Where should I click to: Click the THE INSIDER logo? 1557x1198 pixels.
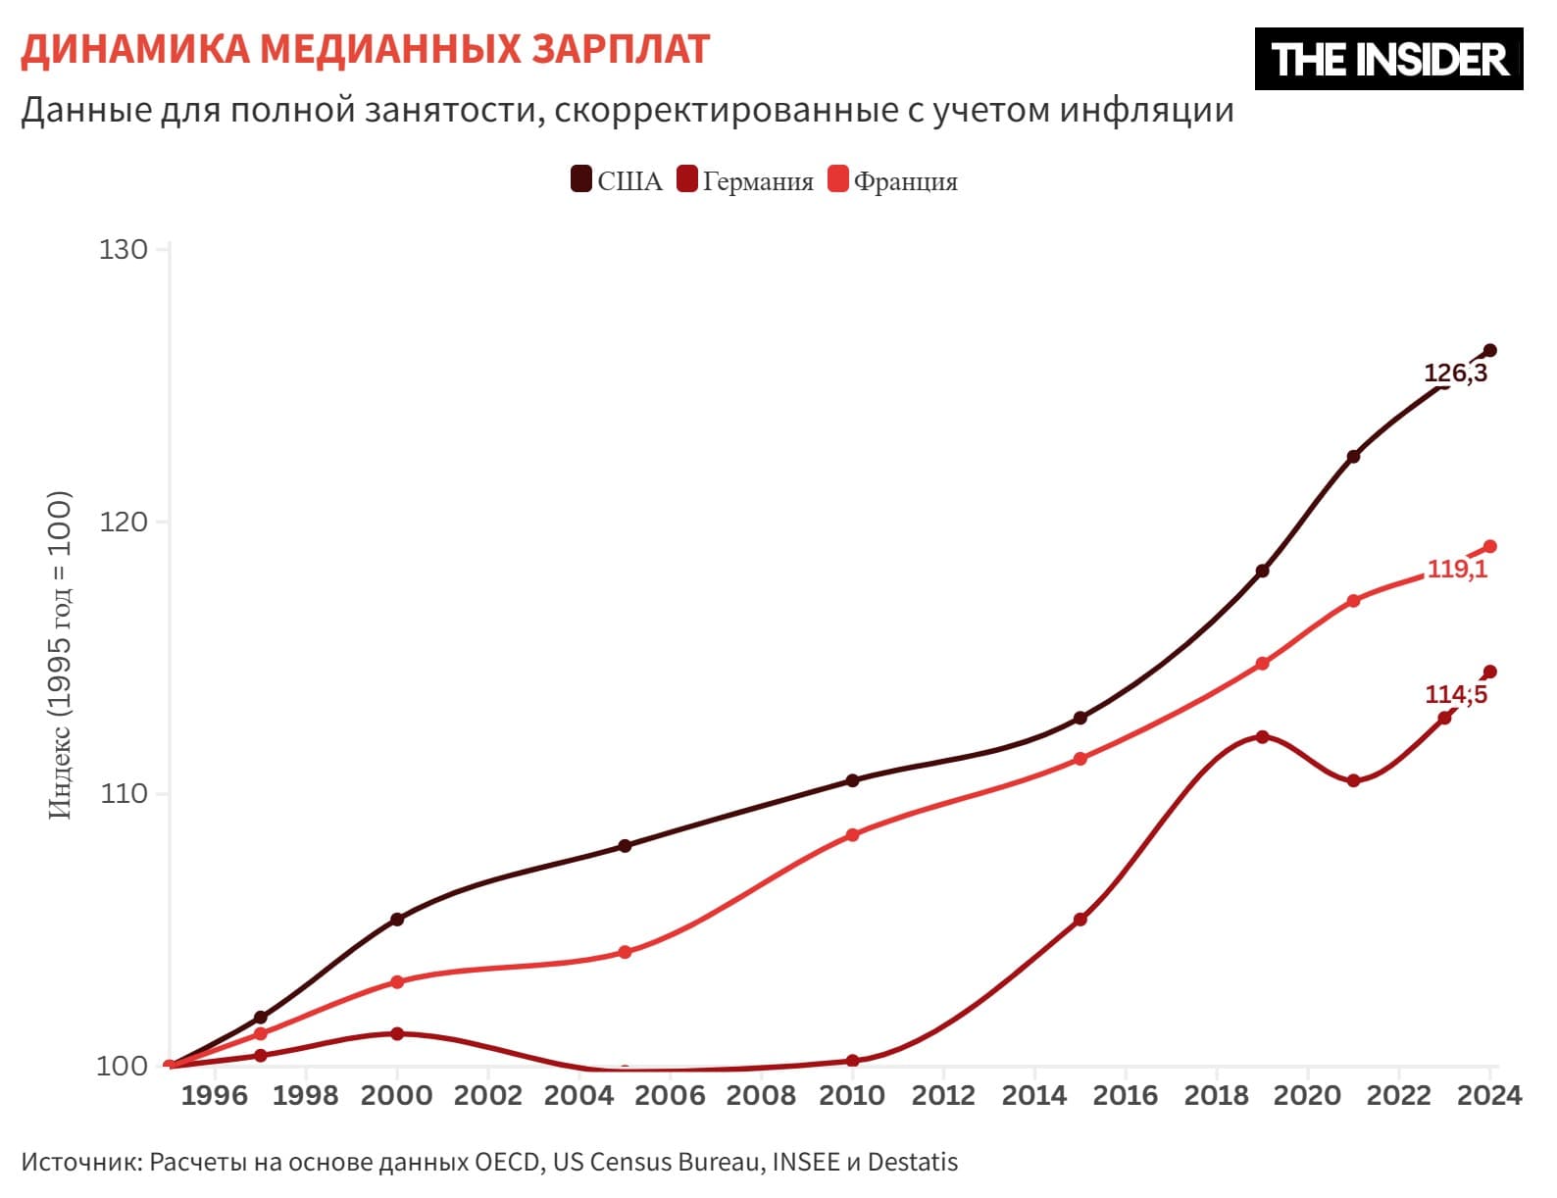(1387, 59)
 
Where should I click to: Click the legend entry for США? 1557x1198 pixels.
(617, 181)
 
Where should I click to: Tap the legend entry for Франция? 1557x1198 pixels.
(893, 181)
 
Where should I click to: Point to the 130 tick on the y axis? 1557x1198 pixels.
(124, 249)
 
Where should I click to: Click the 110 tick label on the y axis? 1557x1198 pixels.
(124, 793)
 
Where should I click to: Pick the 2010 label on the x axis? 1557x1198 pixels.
(851, 1095)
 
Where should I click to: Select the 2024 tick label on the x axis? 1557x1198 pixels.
(1489, 1095)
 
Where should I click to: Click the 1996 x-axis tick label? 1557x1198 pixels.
(214, 1095)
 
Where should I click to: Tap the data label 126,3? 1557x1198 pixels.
(1455, 374)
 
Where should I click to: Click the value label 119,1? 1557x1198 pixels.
(1457, 569)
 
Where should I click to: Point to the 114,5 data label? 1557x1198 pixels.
(1456, 694)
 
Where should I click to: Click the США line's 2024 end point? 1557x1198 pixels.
(1489, 350)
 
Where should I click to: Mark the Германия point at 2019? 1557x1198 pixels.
(1262, 736)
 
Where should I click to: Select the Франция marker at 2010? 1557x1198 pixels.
(852, 835)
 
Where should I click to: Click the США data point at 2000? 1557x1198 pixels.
(397, 920)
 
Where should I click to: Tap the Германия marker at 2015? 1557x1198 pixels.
(1080, 920)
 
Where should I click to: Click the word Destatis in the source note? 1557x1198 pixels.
(912, 1162)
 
